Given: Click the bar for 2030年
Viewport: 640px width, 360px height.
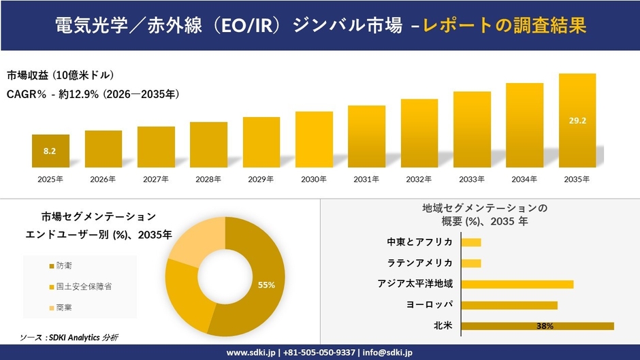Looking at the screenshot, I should pyautogui.click(x=314, y=140).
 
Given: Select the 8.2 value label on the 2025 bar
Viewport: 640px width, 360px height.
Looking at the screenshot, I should pyautogui.click(x=50, y=151).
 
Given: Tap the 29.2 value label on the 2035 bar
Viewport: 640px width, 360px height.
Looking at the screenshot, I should pyautogui.click(x=577, y=121).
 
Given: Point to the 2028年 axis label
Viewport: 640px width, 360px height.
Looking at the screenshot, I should pyautogui.click(x=208, y=180).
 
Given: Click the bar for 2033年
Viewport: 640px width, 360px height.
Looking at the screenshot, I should pyautogui.click(x=472, y=129).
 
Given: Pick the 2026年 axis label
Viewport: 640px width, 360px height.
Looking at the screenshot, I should pyautogui.click(x=103, y=180).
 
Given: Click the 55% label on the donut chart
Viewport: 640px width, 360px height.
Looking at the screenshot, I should pyautogui.click(x=266, y=285).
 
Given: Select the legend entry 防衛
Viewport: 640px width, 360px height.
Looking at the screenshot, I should pyautogui.click(x=65, y=265).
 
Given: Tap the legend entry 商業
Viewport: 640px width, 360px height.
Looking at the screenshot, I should pyautogui.click(x=65, y=308).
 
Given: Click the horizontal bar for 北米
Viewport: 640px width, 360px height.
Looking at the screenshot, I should pyautogui.click(x=537, y=326).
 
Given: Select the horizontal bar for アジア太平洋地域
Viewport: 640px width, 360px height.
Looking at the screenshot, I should pyautogui.click(x=517, y=284).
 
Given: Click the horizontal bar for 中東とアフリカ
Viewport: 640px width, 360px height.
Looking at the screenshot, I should pyautogui.click(x=471, y=242).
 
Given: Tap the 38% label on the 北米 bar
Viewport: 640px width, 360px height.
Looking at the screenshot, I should pyautogui.click(x=545, y=326).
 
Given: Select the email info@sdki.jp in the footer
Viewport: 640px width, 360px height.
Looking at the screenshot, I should pyautogui.click(x=384, y=353).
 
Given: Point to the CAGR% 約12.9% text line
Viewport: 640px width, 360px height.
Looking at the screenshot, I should pyautogui.click(x=93, y=94).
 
